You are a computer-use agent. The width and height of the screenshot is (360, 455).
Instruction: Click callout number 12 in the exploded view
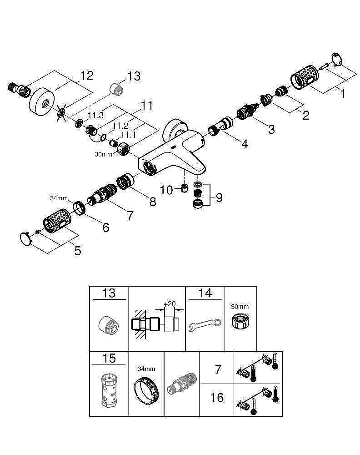87,75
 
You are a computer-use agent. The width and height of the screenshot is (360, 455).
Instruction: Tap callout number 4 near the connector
245,144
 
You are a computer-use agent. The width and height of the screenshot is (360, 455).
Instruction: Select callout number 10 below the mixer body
167,190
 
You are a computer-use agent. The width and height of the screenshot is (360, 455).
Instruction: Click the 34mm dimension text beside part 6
59,198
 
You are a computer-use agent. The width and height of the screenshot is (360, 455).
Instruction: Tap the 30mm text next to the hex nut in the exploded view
103,154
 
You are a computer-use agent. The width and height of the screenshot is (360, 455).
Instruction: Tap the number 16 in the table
217,397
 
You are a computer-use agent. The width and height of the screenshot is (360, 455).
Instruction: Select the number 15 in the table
109,359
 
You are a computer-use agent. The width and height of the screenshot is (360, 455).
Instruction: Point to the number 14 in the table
205,293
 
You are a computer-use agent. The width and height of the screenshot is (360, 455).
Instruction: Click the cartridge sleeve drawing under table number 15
109,390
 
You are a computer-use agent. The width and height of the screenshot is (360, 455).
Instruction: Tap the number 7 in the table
218,369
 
